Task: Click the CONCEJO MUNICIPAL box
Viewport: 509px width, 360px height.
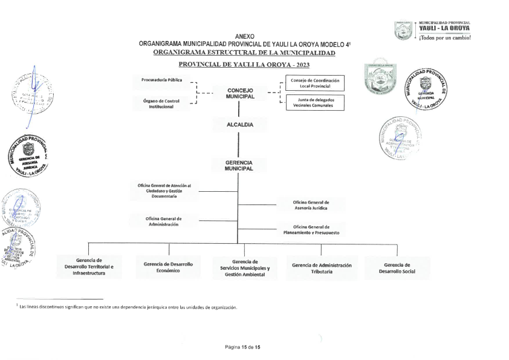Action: coord(240,93)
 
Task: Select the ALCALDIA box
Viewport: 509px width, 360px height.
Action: coord(240,125)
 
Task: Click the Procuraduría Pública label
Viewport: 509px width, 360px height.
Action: coord(161,79)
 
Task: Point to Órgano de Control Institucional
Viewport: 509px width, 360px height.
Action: coord(161,103)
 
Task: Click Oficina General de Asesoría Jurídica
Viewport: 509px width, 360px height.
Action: coord(311,205)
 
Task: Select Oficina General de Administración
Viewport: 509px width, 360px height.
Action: coord(163,221)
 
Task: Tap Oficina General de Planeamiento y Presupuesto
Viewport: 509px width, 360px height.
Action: coord(311,230)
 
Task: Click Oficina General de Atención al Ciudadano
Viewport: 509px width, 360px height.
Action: coord(163,191)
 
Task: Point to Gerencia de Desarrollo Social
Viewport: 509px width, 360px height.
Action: coord(397,268)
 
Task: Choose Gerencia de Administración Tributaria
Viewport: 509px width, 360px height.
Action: coord(321,268)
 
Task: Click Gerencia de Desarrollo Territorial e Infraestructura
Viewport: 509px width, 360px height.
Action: coord(89,266)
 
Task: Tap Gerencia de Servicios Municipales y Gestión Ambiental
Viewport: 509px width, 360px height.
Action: coord(245,268)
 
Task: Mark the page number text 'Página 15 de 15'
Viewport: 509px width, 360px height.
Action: coord(242,346)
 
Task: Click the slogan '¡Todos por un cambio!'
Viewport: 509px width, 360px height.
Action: coord(444,38)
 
